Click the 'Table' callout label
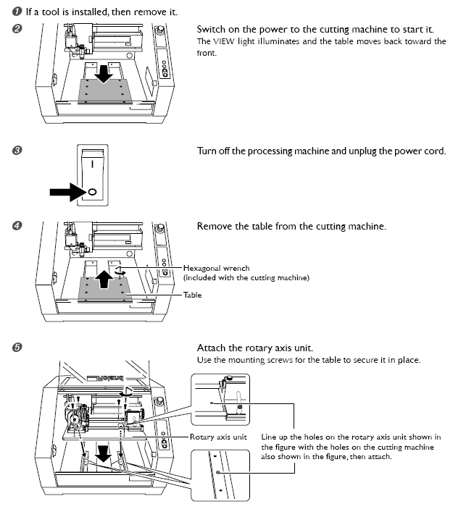point(192,295)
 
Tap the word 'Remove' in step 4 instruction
point(215,227)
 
